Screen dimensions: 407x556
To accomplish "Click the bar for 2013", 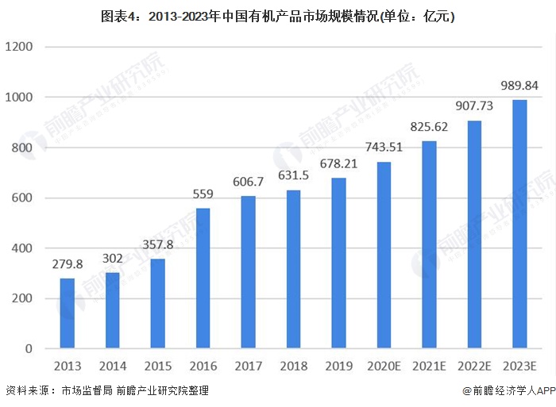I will coord(67,313).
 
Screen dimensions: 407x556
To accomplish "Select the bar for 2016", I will coord(203,278).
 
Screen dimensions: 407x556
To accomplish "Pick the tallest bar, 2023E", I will coord(519,225).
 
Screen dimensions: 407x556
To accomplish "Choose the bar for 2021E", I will coord(429,245).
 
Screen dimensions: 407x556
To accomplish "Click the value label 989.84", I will coord(519,85).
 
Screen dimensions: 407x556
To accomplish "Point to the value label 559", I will coord(203,193).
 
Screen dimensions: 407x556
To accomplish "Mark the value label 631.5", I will coord(293,175).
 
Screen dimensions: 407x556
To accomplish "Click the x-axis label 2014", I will coord(112,366).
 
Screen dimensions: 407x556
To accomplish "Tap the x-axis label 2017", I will coord(248,366).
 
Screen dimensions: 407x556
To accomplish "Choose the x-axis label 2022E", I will coord(474,366).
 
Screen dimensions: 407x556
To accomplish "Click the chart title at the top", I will coord(277,14).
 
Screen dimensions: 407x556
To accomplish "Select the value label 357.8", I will coord(157,244).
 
